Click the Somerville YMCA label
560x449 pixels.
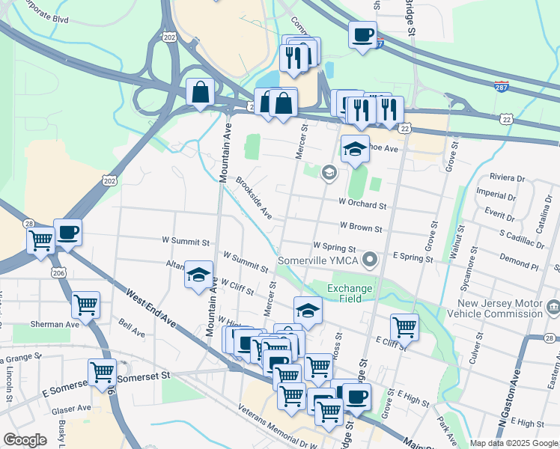(318, 260)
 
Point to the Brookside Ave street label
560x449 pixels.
(254, 197)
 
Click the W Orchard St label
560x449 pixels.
(362, 204)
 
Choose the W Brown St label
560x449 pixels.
(361, 225)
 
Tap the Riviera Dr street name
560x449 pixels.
(507, 177)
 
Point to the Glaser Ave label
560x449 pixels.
(71, 409)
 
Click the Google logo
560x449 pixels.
(25, 440)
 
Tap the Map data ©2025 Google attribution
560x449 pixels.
(514, 443)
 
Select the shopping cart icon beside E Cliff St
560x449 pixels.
(404, 326)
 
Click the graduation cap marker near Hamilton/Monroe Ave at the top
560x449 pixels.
(355, 149)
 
